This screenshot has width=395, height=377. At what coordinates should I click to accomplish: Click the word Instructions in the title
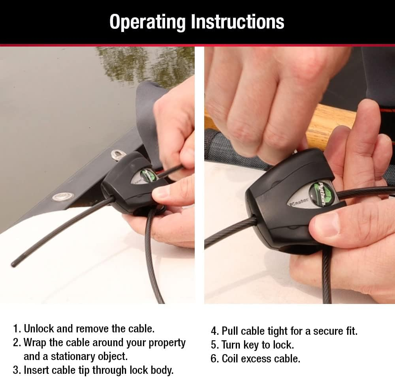click(x=237, y=22)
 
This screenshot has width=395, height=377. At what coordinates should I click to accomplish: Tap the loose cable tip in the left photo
click(x=15, y=263)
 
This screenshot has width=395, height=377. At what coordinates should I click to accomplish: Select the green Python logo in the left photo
click(x=147, y=175)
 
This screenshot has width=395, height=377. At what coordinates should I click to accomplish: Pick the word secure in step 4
click(x=331, y=331)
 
